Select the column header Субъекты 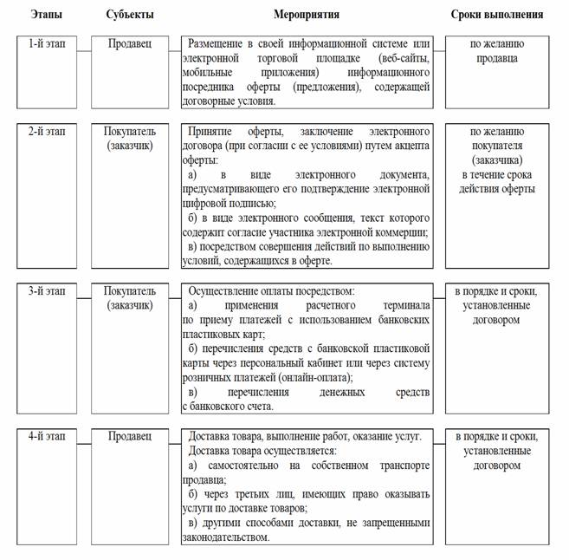pos(130,15)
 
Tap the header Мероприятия pos(306,15)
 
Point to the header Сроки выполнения pos(496,15)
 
